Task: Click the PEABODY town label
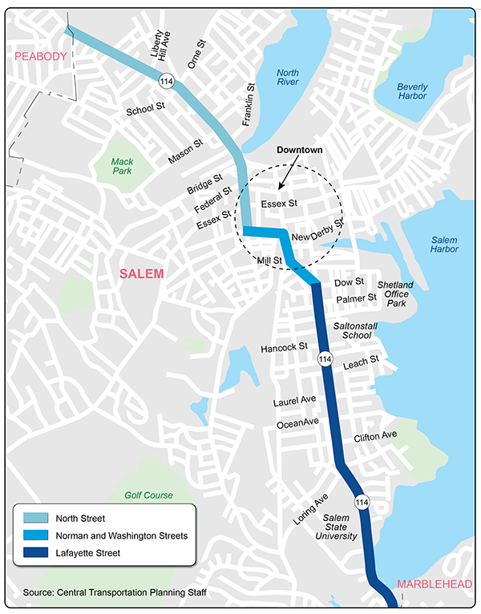coord(31,56)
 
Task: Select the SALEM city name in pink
coord(140,274)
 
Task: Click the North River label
coord(289,77)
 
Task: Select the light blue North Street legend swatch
coord(33,519)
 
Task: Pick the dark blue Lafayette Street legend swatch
coord(33,552)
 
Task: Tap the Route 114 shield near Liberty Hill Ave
coord(166,82)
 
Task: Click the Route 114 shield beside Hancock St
coord(324,359)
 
